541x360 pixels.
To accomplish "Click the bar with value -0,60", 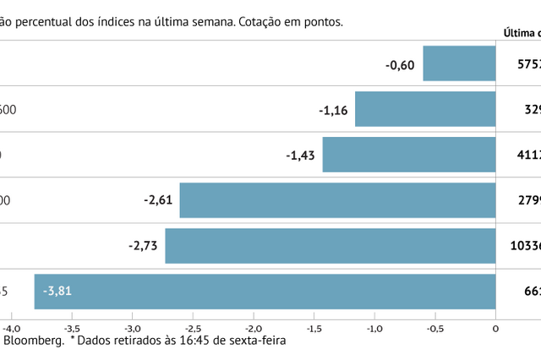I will click(x=459, y=63).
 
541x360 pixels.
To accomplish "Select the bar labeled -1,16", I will click(x=425, y=109).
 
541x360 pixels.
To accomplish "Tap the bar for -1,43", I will click(x=409, y=155).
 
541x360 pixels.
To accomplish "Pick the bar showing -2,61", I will click(x=337, y=200).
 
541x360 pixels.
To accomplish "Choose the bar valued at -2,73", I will click(x=331, y=246).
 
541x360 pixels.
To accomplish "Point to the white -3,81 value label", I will click(x=63, y=292).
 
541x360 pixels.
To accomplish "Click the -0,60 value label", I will click(x=400, y=63).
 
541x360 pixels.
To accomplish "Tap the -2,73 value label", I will click(x=142, y=246).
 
